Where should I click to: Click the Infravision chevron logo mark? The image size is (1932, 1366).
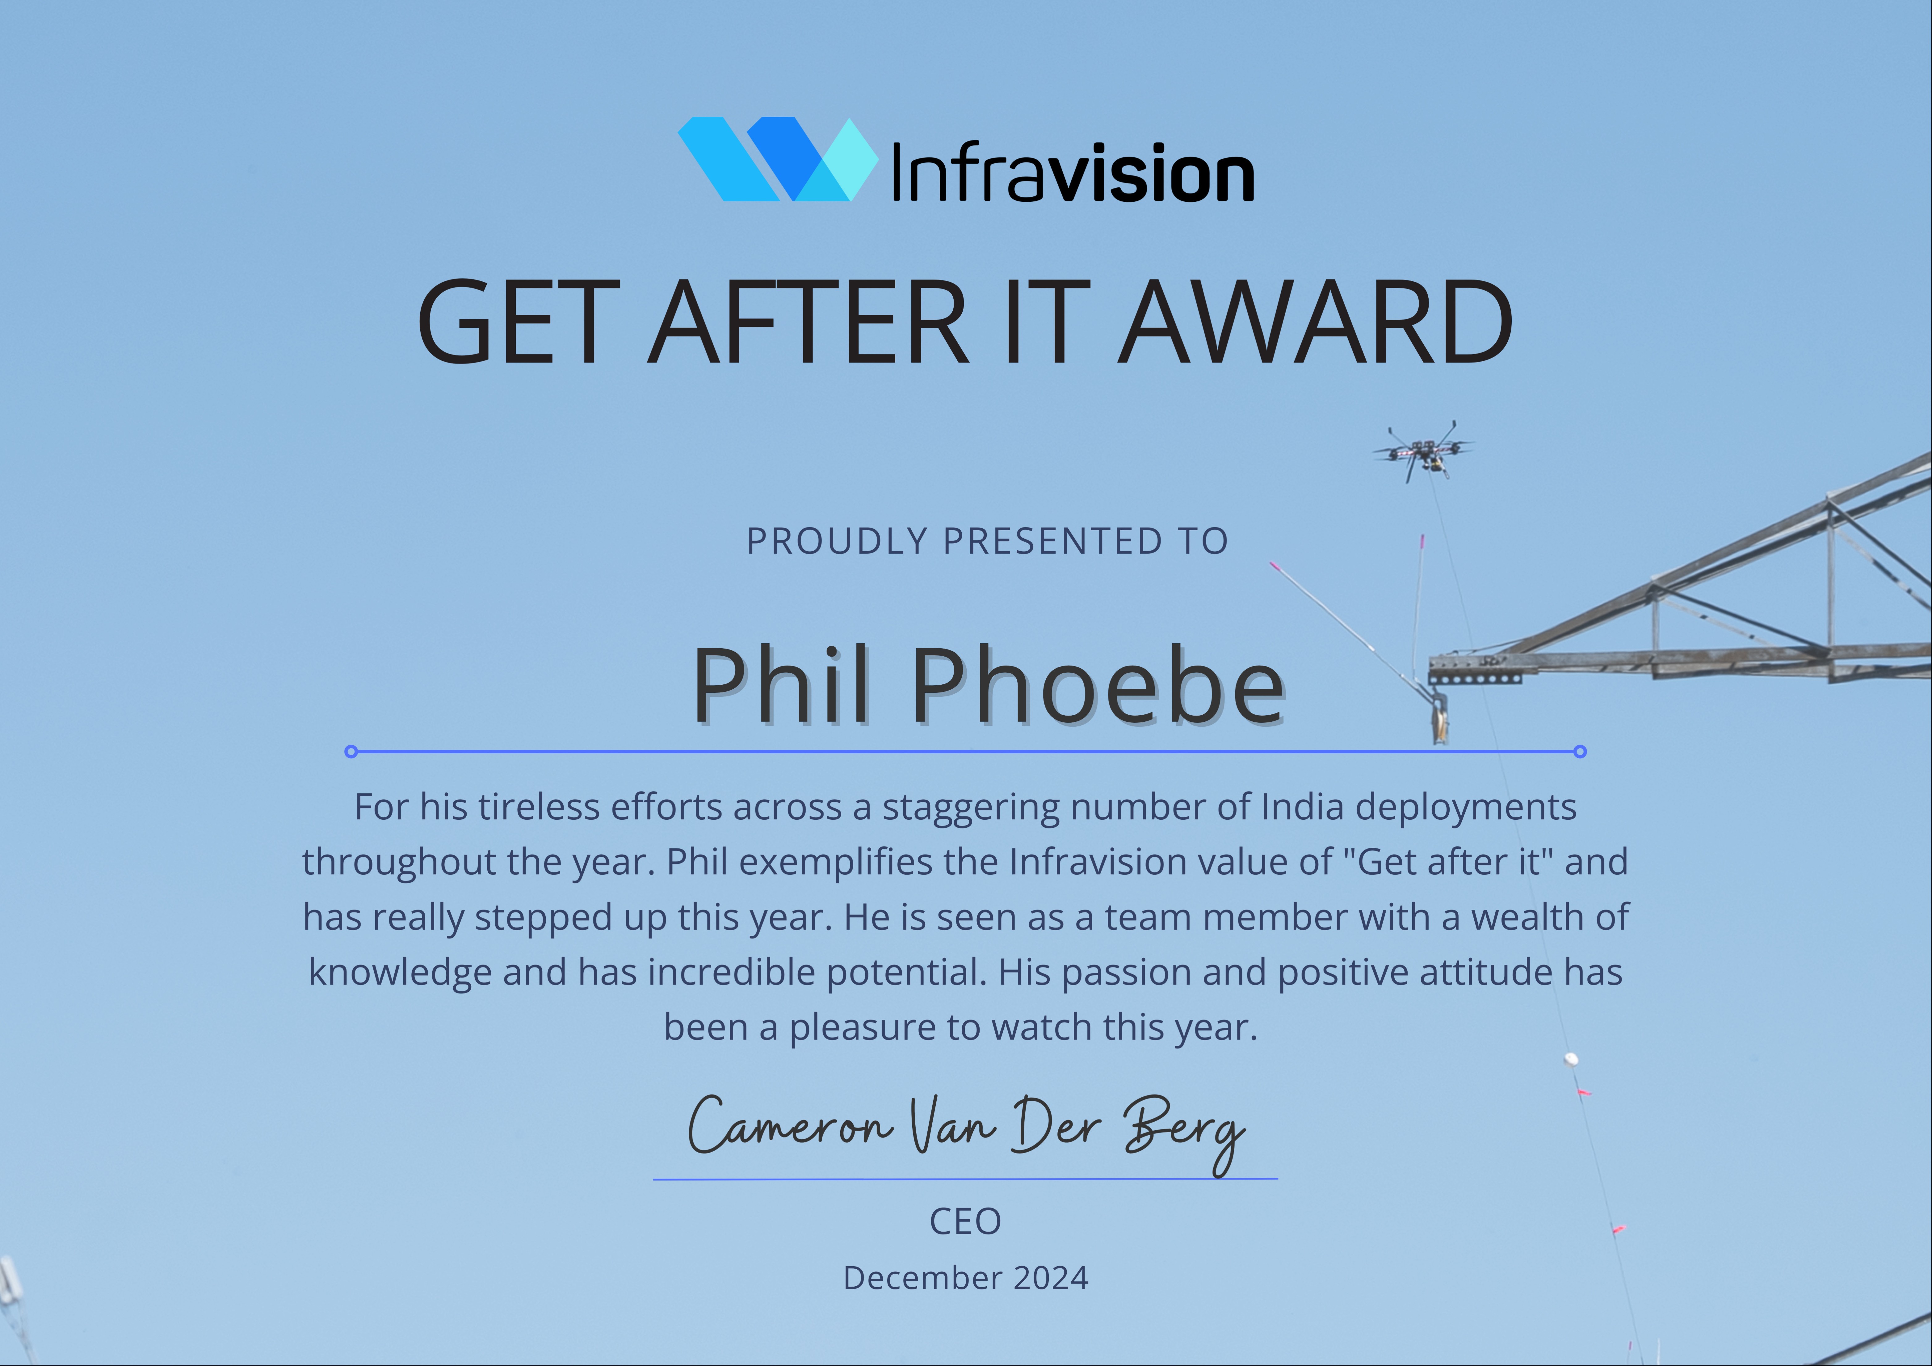pos(778,159)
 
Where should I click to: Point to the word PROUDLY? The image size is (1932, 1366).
pos(837,541)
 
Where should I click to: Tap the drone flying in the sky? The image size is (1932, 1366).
pos(1423,452)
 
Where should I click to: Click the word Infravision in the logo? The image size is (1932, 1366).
pos(1073,173)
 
